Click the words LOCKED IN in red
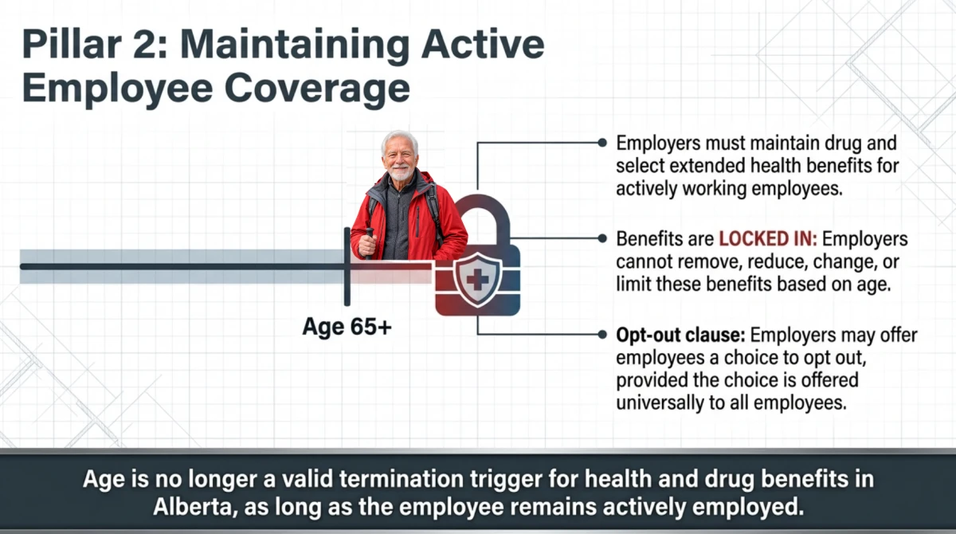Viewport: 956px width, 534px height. click(768, 239)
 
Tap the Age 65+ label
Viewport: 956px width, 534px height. click(347, 327)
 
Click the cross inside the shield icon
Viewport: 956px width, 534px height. click(477, 281)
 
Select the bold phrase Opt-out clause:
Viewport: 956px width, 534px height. click(680, 335)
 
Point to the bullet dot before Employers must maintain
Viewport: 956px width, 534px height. click(602, 143)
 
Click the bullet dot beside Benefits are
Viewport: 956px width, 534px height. click(602, 238)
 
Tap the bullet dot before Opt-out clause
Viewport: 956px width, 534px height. click(602, 335)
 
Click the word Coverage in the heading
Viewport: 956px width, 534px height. click(317, 88)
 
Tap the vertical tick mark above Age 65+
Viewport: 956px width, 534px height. click(347, 267)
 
